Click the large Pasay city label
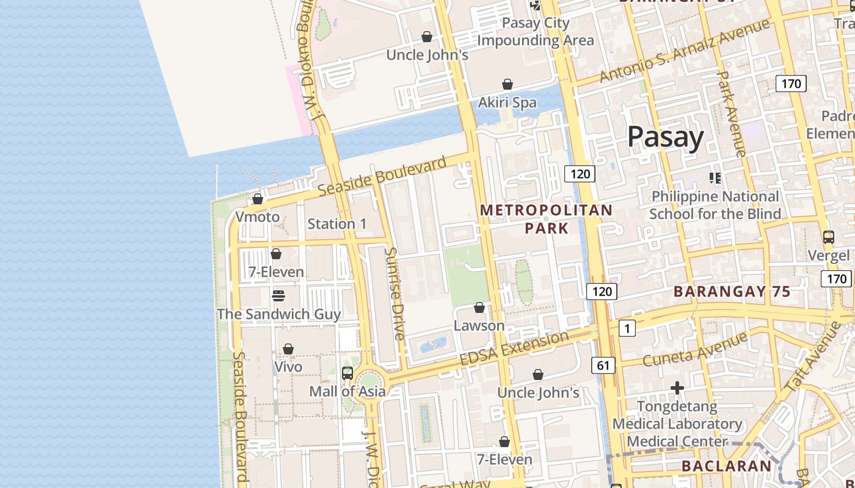(x=666, y=137)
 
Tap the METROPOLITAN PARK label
(x=546, y=219)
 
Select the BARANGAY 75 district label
(x=732, y=292)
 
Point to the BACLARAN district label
(x=727, y=466)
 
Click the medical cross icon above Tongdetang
(x=677, y=387)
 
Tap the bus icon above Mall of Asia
(x=347, y=373)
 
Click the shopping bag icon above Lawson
(x=479, y=307)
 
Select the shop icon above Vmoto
(x=258, y=199)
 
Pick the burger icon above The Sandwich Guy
(x=278, y=296)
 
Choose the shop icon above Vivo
(x=288, y=349)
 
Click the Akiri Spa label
(x=507, y=102)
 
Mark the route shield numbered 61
(x=603, y=365)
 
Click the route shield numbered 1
(x=627, y=328)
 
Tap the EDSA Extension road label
(x=514, y=349)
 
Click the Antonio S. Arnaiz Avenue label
(x=684, y=51)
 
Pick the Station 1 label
(x=337, y=224)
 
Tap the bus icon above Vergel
(x=828, y=237)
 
